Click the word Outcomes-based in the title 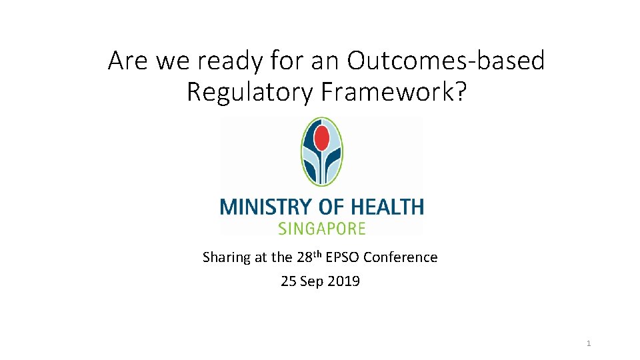tap(446, 61)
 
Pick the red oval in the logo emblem tap(322, 138)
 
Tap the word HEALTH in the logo tap(389, 207)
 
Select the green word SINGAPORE tap(321, 229)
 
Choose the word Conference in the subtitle tap(401, 257)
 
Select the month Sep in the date tap(312, 281)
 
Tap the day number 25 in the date tap(289, 281)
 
